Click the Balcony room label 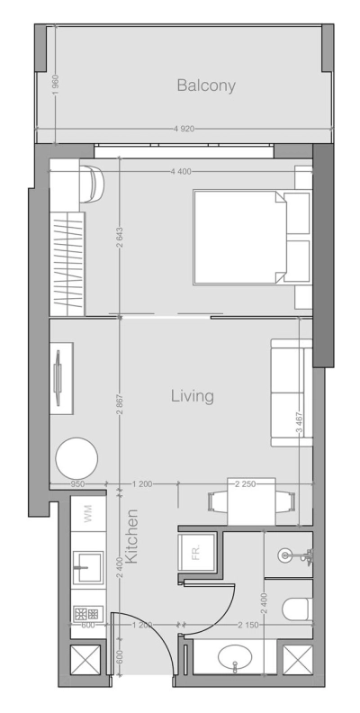[206, 86]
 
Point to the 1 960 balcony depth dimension [55, 86]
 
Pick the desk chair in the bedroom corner [93, 183]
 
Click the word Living [192, 394]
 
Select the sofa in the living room [288, 392]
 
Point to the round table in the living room [76, 458]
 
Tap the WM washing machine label [88, 515]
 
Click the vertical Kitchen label [131, 537]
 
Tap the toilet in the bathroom [297, 610]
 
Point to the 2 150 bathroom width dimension [245, 624]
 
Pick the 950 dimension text [80, 484]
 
